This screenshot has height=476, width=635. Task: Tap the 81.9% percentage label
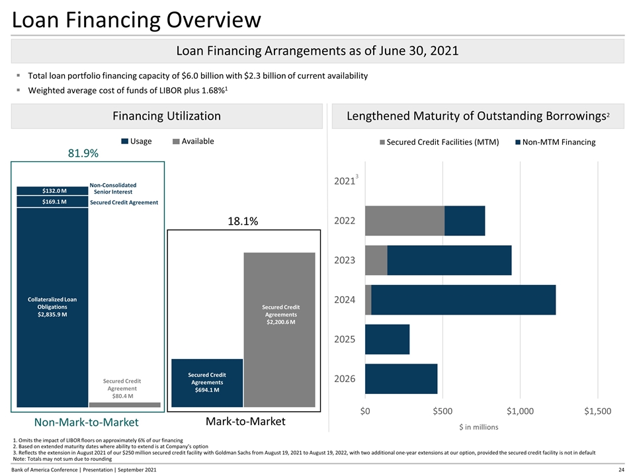tap(83, 153)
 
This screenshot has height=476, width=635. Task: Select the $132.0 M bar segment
tap(52, 190)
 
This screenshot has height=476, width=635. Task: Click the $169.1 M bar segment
tap(52, 202)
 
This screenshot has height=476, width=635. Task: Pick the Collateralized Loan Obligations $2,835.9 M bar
tap(52, 307)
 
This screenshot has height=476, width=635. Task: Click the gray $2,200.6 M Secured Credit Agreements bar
tap(281, 314)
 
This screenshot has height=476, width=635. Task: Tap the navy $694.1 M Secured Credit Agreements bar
tap(207, 382)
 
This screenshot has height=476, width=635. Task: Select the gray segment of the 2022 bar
tap(404, 221)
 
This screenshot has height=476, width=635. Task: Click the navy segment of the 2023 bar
tap(449, 260)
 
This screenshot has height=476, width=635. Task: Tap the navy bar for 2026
tap(401, 379)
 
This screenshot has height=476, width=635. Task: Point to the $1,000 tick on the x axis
tap(520, 411)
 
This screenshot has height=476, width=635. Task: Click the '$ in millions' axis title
tap(479, 427)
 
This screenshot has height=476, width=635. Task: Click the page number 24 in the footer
tap(622, 469)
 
